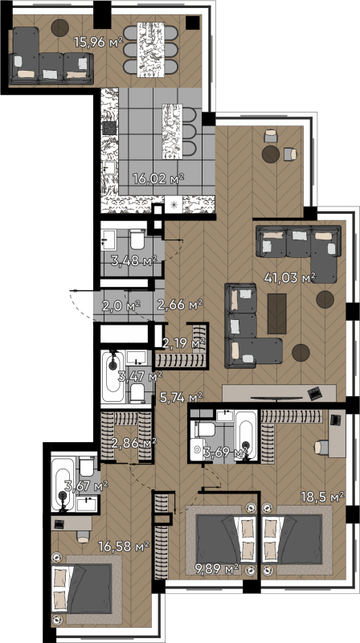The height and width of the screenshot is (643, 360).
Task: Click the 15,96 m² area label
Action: [98, 42]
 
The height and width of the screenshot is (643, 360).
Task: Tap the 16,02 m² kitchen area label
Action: [157, 178]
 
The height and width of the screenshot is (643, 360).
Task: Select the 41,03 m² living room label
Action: [290, 277]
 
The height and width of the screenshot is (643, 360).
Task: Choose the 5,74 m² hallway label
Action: [182, 396]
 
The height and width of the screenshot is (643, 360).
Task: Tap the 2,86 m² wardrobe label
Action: [133, 443]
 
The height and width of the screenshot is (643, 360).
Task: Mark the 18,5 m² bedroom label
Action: [321, 497]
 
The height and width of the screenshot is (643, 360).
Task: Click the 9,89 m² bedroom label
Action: [216, 568]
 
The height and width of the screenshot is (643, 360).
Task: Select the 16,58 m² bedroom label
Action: [124, 546]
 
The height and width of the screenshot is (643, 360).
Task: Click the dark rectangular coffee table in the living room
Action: [276, 313]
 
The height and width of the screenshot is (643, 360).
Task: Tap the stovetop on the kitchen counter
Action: [109, 128]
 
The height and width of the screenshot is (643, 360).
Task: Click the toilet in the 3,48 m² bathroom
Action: [137, 240]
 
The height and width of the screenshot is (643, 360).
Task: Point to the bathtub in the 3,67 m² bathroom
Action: [63, 485]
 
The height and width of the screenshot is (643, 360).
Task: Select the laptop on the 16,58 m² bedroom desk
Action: [59, 523]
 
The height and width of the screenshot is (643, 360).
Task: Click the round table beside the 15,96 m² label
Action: [59, 27]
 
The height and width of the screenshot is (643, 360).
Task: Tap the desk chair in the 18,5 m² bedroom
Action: [321, 448]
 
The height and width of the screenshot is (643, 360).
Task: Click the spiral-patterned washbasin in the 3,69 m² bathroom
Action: [198, 450]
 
